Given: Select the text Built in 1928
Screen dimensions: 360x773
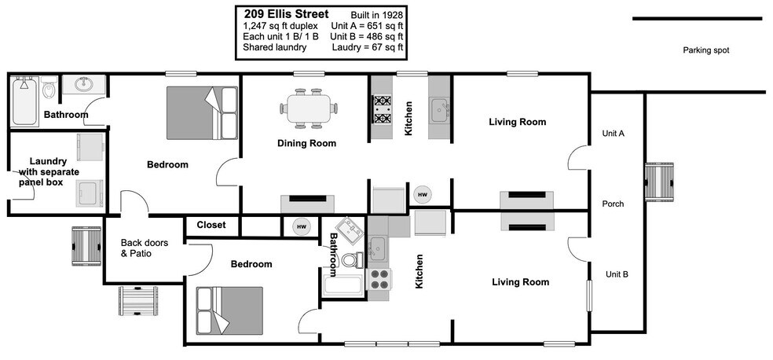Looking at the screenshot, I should coord(376,15).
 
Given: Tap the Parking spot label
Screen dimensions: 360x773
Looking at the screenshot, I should coord(705,50).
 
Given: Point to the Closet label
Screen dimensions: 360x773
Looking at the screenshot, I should coord(211,225).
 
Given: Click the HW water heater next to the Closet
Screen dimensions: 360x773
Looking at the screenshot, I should coord(301,226).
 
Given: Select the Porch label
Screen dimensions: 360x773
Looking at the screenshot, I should coord(613,204).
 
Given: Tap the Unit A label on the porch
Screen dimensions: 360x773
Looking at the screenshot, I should coord(613,134).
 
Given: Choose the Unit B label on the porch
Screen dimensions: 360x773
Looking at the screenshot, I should coord(616,274).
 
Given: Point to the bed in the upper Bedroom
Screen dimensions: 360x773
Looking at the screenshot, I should coord(202,112).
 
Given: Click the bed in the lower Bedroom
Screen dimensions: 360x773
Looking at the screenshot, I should coord(216,310).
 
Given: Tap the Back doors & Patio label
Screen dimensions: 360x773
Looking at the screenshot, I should coord(141,248).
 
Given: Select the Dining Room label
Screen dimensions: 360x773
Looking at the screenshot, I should coord(306,143).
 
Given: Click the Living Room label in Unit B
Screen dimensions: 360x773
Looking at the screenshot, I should coord(520,281).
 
